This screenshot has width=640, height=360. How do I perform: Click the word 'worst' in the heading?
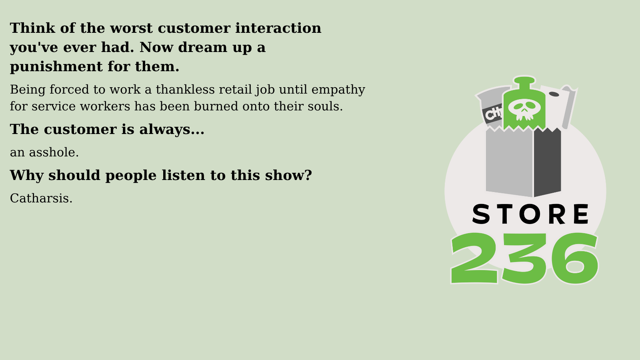(131, 28)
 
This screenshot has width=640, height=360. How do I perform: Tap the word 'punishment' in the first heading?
(56, 67)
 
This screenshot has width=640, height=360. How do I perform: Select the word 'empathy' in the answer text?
(338, 90)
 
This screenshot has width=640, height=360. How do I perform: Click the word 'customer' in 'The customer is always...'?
(80, 130)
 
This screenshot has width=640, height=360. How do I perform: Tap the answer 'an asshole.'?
(44, 152)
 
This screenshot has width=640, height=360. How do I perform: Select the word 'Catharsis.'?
(41, 198)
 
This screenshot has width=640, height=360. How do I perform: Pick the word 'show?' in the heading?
(288, 175)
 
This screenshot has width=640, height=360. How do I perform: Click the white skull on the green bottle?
(524, 110)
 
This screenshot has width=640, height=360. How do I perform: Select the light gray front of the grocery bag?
(509, 162)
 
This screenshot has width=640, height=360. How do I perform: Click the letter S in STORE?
(481, 214)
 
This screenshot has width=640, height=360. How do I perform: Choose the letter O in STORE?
(530, 214)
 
